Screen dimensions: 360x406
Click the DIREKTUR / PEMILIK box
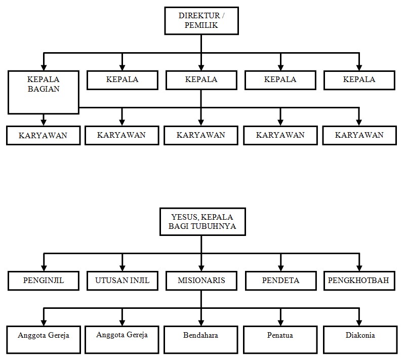pyautogui.click(x=201, y=20)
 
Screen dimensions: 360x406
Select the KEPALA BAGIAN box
pyautogui.click(x=44, y=92)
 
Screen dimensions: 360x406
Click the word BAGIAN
pyautogui.click(x=44, y=89)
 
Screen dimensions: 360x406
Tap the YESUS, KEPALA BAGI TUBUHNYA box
pyautogui.click(x=201, y=221)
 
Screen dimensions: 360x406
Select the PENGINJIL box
pyautogui.click(x=44, y=281)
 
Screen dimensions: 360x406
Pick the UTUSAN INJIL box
pyautogui.click(x=122, y=281)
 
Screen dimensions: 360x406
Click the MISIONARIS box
pyautogui.click(x=201, y=281)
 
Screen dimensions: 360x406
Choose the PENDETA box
pyautogui.click(x=280, y=281)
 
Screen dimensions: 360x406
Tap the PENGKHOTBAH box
pyautogui.click(x=359, y=281)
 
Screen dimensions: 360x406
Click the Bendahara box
pyautogui.click(x=201, y=339)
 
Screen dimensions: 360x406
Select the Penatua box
pyautogui.click(x=280, y=339)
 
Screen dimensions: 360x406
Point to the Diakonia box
pyautogui.click(x=359, y=339)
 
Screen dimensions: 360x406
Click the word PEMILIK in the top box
pyautogui.click(x=201, y=25)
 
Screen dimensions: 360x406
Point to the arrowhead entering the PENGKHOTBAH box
pyautogui.click(x=359, y=268)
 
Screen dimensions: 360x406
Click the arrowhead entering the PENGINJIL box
pyautogui.click(x=44, y=268)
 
